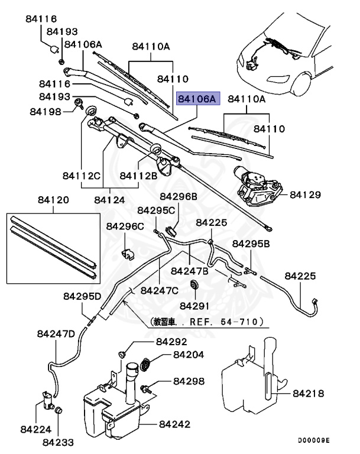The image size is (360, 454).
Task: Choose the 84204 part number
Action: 188,355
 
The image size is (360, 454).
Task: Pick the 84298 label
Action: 188,381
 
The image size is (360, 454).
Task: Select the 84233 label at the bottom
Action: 58,440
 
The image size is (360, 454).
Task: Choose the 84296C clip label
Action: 125,226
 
